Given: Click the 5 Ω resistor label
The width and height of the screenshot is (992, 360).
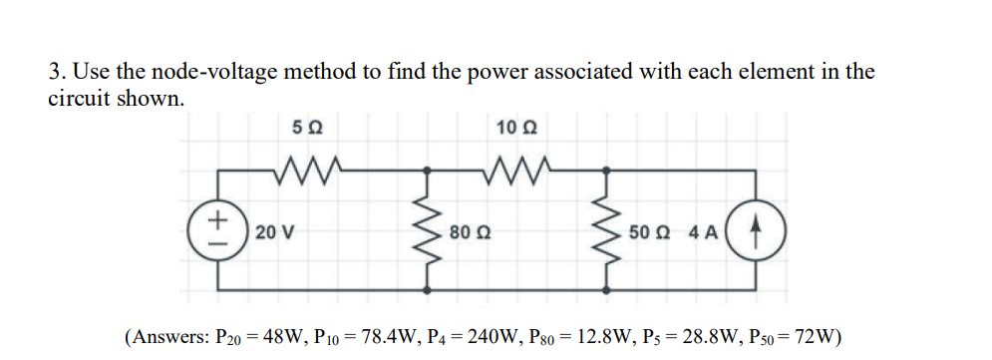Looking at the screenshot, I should pyautogui.click(x=307, y=128).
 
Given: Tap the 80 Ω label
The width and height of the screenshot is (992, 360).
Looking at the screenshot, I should pyautogui.click(x=467, y=232).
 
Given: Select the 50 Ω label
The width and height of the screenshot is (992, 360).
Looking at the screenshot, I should pyautogui.click(x=646, y=232).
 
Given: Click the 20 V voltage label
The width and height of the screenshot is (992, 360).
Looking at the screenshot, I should pyautogui.click(x=272, y=232).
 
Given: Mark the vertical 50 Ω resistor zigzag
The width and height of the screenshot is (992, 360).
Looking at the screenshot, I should pyautogui.click(x=605, y=231).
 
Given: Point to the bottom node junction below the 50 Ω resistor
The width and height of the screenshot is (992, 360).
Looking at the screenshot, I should pyautogui.click(x=605, y=291).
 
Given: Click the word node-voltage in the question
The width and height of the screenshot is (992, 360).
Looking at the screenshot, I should pyautogui.click(x=218, y=72).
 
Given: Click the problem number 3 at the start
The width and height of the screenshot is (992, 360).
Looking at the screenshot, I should pyautogui.click(x=55, y=72).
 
